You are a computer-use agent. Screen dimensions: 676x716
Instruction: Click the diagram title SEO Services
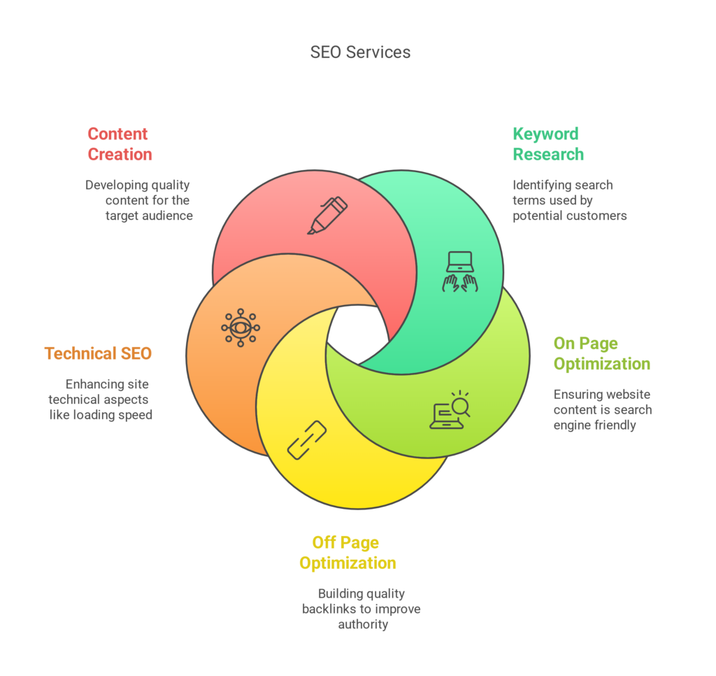(x=360, y=52)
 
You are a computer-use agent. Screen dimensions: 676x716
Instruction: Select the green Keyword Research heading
(x=547, y=144)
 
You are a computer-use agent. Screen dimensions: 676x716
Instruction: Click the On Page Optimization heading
(x=601, y=353)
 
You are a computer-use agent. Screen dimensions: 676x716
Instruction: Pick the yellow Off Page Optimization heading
(x=348, y=553)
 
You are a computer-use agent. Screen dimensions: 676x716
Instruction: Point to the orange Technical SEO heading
(x=98, y=353)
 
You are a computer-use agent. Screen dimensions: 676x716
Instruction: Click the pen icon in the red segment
(x=327, y=215)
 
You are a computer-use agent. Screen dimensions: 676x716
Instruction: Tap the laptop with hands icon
(x=460, y=271)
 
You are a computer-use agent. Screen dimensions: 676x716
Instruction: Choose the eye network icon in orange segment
(x=241, y=328)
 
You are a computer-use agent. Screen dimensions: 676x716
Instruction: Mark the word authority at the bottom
(x=363, y=624)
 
